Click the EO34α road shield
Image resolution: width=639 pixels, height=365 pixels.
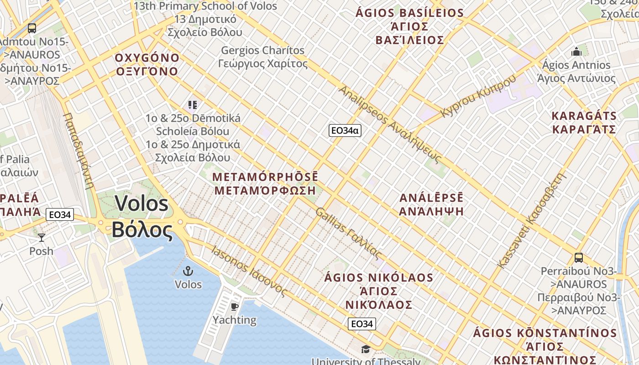tap(345, 130)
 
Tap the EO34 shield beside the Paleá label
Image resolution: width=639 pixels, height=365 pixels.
tap(60, 214)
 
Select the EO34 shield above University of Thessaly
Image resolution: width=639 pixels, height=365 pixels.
tap(362, 324)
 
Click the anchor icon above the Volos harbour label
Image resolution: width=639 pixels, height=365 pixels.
tap(188, 271)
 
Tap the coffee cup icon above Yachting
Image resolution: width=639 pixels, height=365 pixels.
tap(235, 306)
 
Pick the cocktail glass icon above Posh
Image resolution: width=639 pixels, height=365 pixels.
tap(42, 237)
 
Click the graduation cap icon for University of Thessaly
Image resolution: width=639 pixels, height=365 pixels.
tap(366, 349)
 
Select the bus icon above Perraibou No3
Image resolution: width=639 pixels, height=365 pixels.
tap(578, 257)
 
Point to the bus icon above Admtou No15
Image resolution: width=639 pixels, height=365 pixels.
tap(31, 28)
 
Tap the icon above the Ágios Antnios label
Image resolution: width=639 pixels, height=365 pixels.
tap(576, 51)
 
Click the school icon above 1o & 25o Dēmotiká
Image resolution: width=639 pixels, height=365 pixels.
tap(192, 105)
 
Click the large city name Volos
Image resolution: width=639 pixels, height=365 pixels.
tap(141, 203)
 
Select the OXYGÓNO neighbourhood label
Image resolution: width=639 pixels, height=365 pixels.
tap(147, 58)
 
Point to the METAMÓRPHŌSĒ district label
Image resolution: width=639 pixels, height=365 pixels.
tap(265, 177)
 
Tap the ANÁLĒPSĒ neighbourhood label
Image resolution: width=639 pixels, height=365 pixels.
tap(431, 198)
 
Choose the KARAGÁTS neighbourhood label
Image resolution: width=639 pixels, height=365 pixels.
tap(584, 115)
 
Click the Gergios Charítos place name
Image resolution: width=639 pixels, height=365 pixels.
tap(262, 50)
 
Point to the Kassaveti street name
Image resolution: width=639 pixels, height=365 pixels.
tap(513, 243)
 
